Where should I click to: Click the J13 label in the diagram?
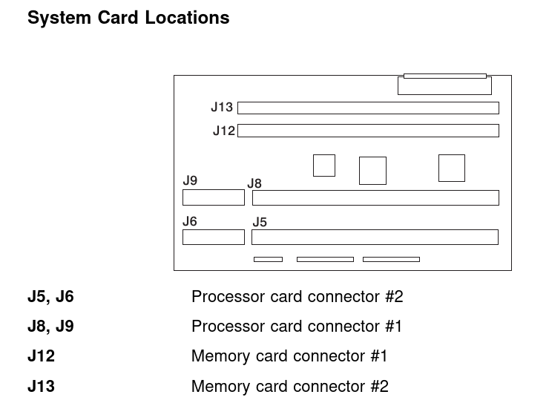pyautogui.click(x=222, y=107)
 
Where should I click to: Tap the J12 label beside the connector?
pyautogui.click(x=224, y=131)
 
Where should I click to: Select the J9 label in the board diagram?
pyautogui.click(x=190, y=180)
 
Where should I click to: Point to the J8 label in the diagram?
pyautogui.click(x=254, y=183)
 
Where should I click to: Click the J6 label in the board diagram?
pyautogui.click(x=190, y=221)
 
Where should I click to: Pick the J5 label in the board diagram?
pyautogui.click(x=260, y=222)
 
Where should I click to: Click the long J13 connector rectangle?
pyautogui.click(x=368, y=108)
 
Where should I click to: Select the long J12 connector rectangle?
pyautogui.click(x=368, y=131)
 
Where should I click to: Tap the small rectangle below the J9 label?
pyautogui.click(x=214, y=197)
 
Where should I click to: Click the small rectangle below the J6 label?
pyautogui.click(x=214, y=238)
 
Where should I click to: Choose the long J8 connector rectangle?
pyautogui.click(x=375, y=198)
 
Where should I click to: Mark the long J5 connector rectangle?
pyautogui.click(x=375, y=238)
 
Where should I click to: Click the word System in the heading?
pyautogui.click(x=59, y=18)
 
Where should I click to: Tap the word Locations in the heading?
pyautogui.click(x=187, y=18)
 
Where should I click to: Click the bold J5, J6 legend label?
pyautogui.click(x=50, y=297)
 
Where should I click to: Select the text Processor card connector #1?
pyautogui.click(x=297, y=327)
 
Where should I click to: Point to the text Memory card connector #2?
pyautogui.click(x=290, y=387)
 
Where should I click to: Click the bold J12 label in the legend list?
pyautogui.click(x=42, y=356)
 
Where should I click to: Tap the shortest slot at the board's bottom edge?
pyautogui.click(x=269, y=260)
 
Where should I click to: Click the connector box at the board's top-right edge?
pyautogui.click(x=444, y=85)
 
